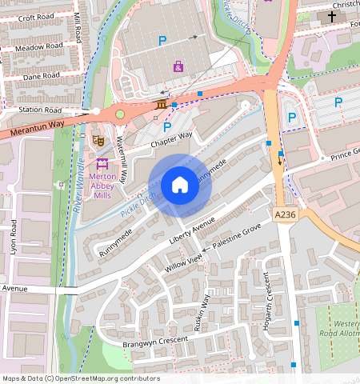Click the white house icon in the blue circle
coord(180,185)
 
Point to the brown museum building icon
coord(162,104)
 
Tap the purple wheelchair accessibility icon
coord(178,66)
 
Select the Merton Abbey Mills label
coord(102,185)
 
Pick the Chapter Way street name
coord(171,139)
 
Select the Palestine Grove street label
coord(236,241)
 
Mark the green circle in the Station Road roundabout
coord(120,114)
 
